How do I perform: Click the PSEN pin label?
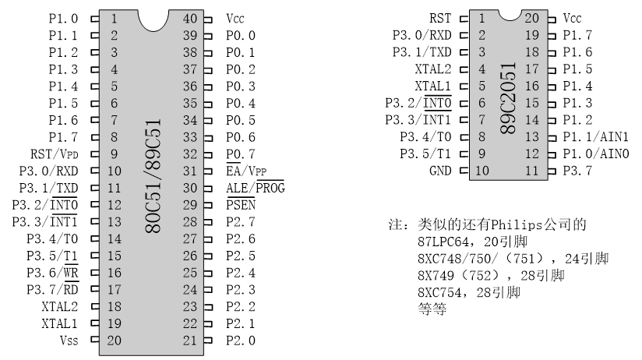coord(241,205)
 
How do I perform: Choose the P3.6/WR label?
coord(52,273)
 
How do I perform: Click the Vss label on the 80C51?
coord(69,341)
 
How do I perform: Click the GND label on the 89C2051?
coord(442,170)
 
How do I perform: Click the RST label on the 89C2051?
coord(442,17)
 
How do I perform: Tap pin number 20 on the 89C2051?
coord(532,17)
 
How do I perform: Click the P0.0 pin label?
coord(241,35)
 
